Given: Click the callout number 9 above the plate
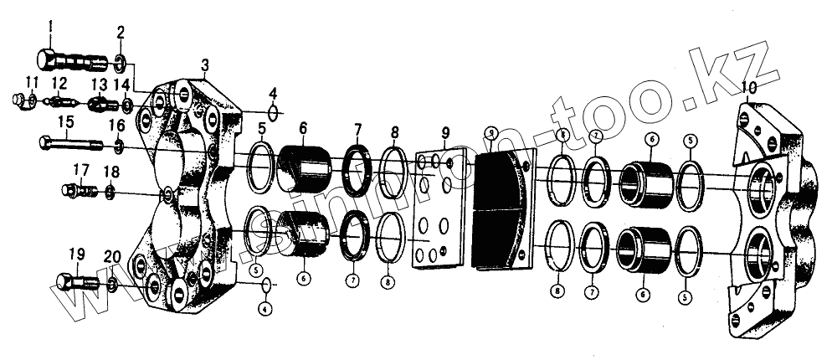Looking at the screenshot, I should click(x=445, y=131).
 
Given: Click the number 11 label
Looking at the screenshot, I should click(x=32, y=82).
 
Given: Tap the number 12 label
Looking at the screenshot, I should click(x=59, y=82).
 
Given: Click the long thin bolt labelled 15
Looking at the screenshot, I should click(x=70, y=144).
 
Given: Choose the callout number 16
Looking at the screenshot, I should click(x=117, y=126).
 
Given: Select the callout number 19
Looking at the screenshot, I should click(x=75, y=254).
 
